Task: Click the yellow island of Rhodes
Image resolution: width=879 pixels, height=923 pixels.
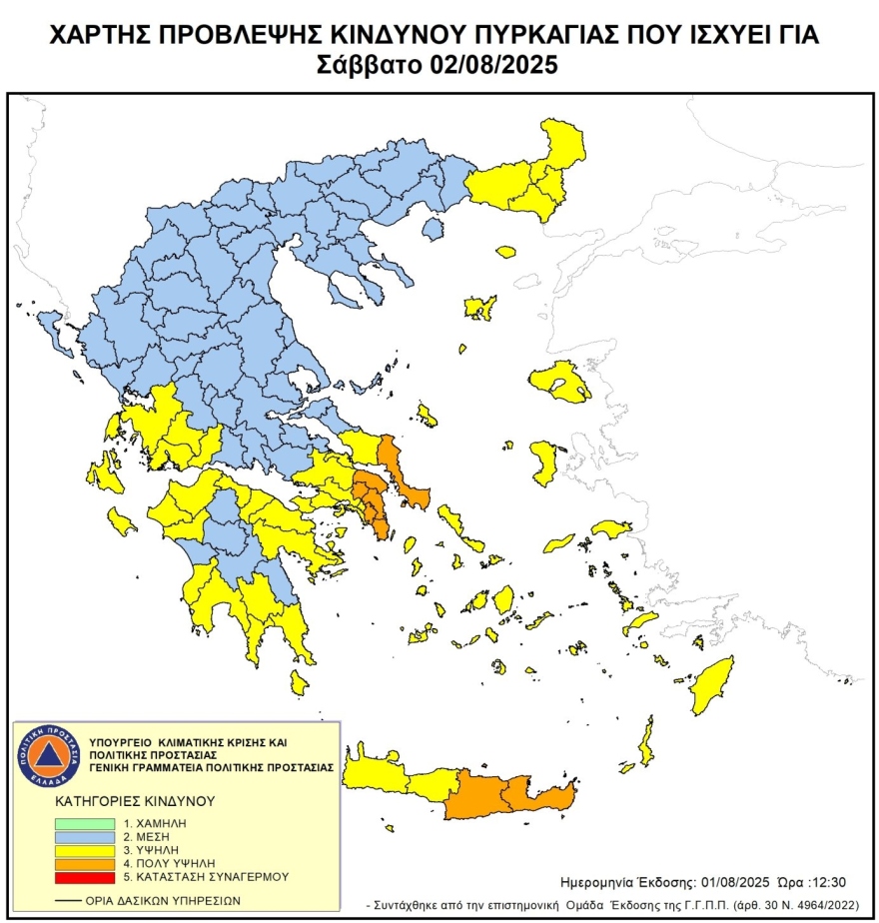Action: [711, 685]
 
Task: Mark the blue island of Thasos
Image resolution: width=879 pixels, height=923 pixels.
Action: [433, 230]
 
